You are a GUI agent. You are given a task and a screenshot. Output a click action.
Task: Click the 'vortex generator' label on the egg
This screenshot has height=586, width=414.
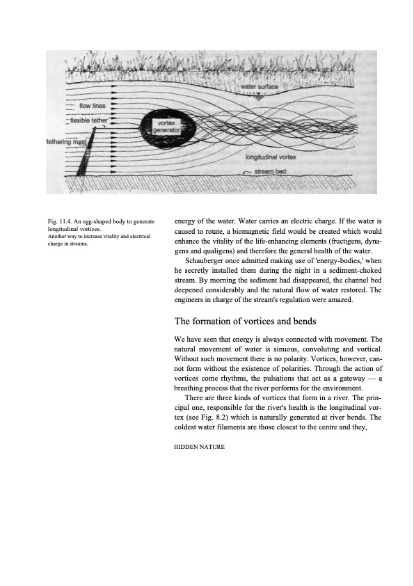coord(167,127)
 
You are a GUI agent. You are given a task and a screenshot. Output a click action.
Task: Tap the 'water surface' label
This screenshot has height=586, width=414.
coord(260,87)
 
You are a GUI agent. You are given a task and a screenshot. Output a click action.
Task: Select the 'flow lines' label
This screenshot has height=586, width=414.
coord(93,106)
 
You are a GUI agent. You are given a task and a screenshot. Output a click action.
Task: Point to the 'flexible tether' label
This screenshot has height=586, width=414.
coord(89,120)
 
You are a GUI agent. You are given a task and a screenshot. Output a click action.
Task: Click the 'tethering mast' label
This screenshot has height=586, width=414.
coord(66,142)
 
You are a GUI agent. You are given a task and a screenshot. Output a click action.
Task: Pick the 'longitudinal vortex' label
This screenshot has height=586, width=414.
coord(271,157)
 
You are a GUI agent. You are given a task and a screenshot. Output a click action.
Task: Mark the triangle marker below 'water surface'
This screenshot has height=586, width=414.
coord(259,97)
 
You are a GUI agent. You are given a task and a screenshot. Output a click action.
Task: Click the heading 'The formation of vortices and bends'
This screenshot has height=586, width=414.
coord(245,322)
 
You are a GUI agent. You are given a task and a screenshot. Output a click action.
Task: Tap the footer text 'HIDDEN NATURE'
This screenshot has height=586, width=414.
coord(199,447)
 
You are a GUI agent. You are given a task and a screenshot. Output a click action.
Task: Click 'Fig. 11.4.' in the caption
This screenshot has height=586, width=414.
coord(59,221)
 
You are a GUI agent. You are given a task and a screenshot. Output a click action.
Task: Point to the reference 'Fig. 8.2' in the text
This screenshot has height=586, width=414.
coord(214,418)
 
